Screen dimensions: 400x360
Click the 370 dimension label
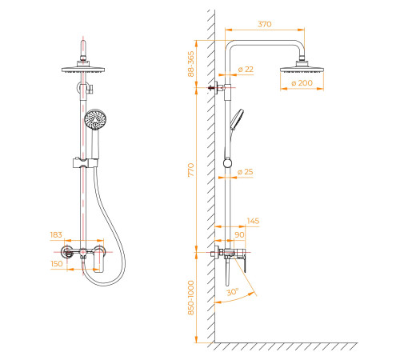(265, 24)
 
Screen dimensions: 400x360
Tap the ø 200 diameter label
(302, 83)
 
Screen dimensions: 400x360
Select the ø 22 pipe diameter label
(246, 70)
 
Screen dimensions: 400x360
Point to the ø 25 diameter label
(245, 172)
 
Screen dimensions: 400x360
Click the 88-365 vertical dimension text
(191, 64)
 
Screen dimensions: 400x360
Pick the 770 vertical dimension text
(191, 170)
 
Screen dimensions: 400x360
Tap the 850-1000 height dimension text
(191, 298)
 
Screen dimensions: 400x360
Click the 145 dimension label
(253, 221)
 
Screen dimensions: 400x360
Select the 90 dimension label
(239, 234)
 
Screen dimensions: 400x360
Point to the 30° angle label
(233, 292)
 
